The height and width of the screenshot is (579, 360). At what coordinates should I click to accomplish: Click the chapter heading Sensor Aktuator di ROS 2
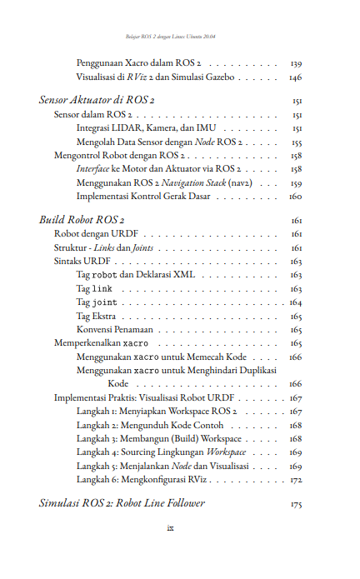(x=91, y=100)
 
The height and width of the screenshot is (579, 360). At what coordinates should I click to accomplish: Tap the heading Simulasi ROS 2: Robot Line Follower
(x=122, y=503)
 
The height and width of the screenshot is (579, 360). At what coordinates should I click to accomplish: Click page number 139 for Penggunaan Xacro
(x=296, y=62)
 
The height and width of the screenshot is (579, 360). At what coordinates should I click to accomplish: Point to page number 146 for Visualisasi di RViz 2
(x=296, y=77)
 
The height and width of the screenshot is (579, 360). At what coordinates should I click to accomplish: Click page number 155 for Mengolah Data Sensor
(x=296, y=142)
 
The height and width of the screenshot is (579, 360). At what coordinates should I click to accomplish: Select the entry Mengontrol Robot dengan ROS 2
(x=119, y=156)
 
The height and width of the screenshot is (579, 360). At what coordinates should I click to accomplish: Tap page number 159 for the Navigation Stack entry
(x=296, y=183)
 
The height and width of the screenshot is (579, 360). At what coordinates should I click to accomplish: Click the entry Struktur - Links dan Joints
(x=103, y=248)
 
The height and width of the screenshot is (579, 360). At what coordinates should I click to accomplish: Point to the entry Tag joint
(x=97, y=302)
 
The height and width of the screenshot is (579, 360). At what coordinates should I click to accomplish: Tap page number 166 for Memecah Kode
(x=296, y=357)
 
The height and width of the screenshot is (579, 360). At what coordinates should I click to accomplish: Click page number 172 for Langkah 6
(x=296, y=481)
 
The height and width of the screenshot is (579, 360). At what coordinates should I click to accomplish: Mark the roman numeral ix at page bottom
(x=169, y=527)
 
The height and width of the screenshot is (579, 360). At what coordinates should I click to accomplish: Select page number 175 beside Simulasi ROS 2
(x=296, y=504)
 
